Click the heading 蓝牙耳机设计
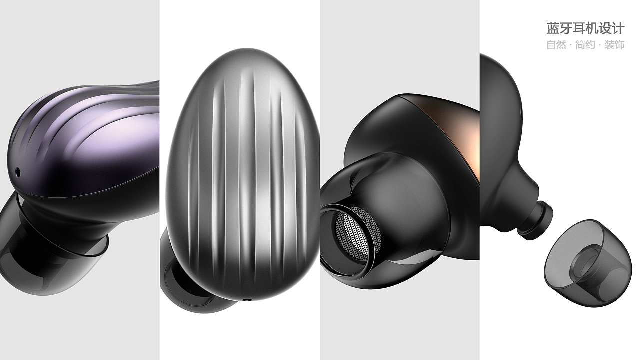tap(585, 28)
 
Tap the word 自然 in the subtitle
tap(556, 45)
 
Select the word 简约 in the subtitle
tap(585, 45)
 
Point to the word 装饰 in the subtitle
tap(615, 45)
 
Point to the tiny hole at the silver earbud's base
tap(247, 300)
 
